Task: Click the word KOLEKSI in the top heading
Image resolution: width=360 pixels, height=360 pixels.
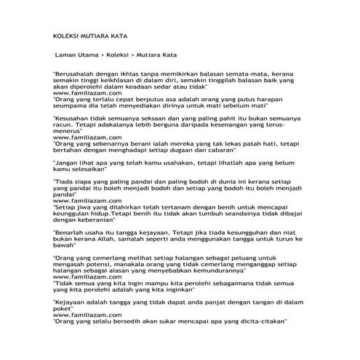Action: pos(70,34)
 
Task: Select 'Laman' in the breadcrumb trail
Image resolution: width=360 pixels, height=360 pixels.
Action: pos(68,55)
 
